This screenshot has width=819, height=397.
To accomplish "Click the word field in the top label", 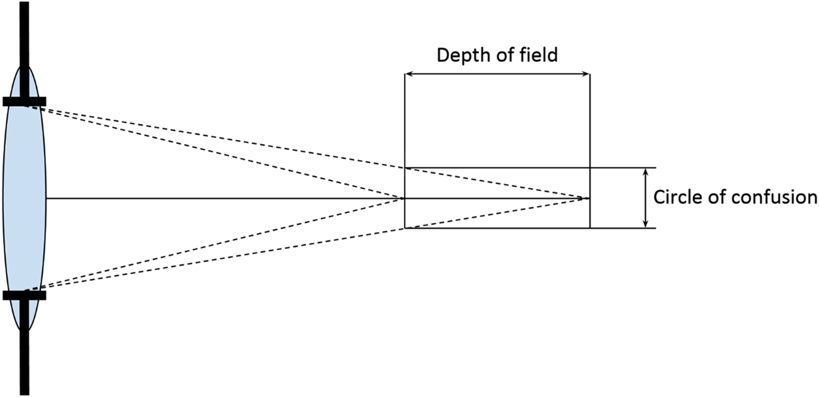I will tap(539, 55).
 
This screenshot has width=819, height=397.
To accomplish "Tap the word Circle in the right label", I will tap(675, 198).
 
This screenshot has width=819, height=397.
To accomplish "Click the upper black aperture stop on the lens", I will tap(24, 101).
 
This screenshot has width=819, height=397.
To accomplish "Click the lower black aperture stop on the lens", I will tap(24, 295).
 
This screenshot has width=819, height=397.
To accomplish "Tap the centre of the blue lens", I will tap(24, 198).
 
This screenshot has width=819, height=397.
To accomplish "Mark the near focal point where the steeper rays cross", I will tap(405, 198).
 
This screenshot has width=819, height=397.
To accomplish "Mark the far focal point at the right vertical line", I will tap(589, 198).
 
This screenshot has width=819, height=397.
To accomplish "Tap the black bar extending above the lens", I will tap(24, 33).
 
